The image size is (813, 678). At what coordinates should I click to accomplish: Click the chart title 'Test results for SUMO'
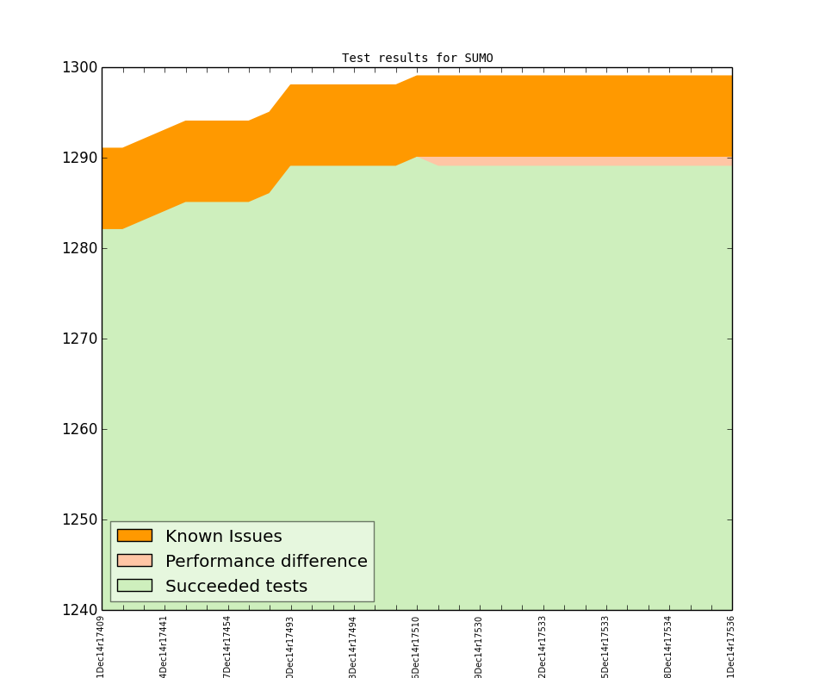click(417, 59)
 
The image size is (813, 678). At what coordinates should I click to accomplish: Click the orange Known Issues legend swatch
click(134, 536)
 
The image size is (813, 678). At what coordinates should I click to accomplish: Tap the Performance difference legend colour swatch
click(134, 561)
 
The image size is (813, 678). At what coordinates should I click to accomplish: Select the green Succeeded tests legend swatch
click(134, 586)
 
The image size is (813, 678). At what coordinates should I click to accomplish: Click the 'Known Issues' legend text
click(223, 537)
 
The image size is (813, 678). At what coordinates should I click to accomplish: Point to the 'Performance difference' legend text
click(266, 562)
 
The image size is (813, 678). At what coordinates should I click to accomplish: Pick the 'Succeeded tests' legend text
click(236, 587)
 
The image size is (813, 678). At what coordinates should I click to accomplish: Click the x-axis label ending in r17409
click(102, 644)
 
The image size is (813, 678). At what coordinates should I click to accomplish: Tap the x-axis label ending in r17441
click(164, 644)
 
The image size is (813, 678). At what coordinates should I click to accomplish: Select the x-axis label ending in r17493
click(290, 644)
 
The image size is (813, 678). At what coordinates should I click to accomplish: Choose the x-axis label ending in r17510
click(416, 644)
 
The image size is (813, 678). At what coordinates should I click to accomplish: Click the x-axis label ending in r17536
click(731, 644)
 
